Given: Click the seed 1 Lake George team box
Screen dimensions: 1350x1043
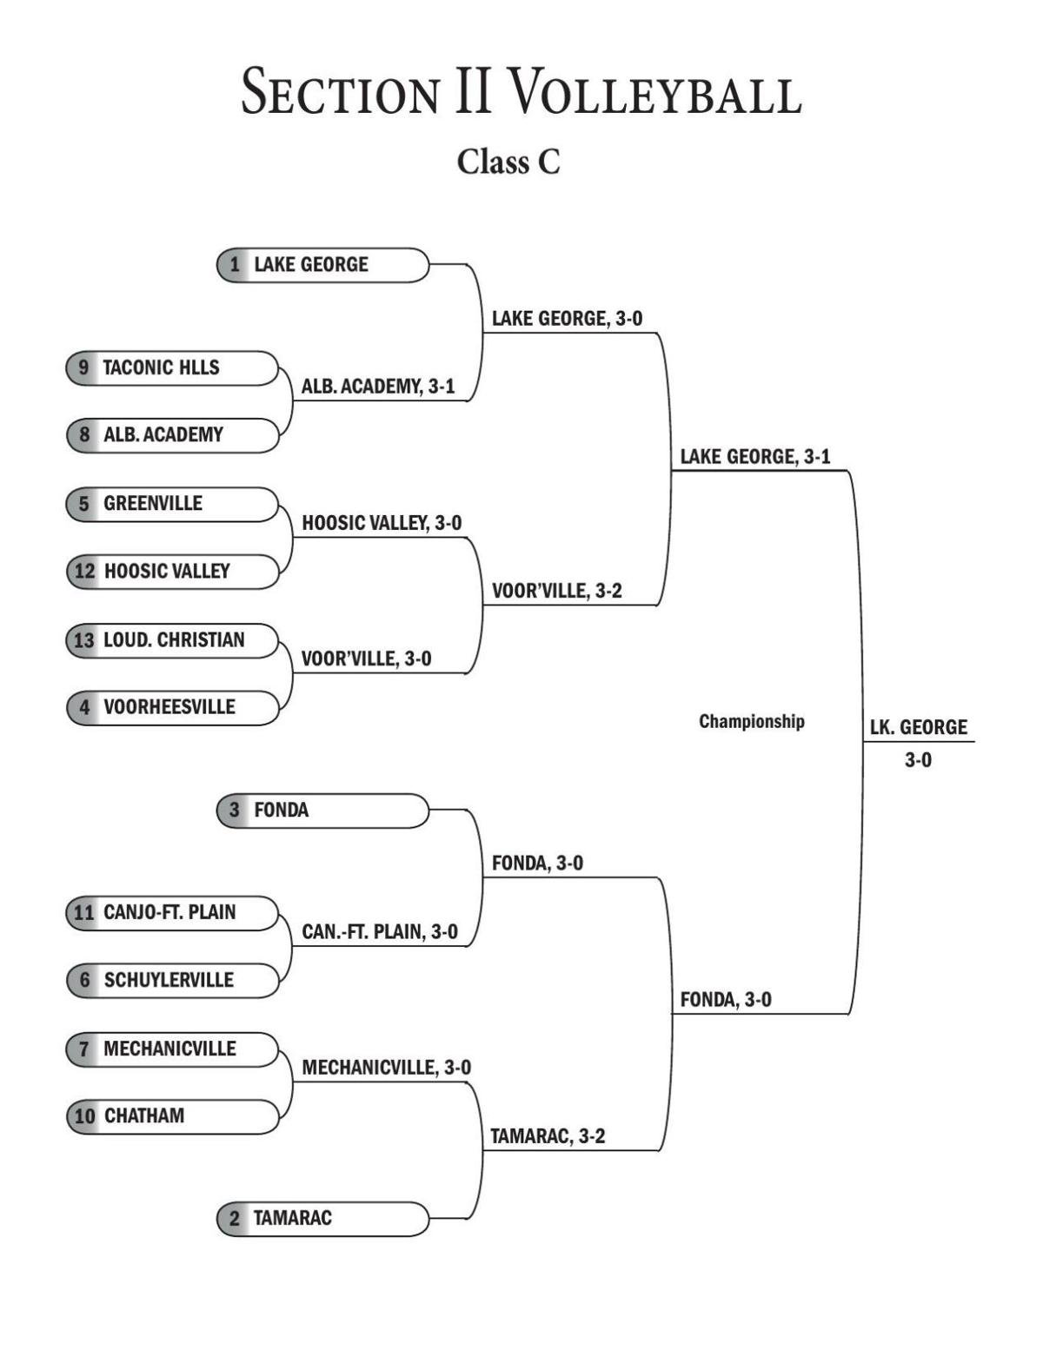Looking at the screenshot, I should coord(322,265).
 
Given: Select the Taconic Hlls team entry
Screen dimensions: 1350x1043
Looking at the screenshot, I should coord(172,367).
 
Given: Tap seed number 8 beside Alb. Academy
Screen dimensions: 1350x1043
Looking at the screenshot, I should coord(84,435).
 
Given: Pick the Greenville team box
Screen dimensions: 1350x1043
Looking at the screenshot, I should coord(172,504).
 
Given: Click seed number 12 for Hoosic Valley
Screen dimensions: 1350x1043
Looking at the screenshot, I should coord(85,572).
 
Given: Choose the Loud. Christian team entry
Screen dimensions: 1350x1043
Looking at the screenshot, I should coord(172,640).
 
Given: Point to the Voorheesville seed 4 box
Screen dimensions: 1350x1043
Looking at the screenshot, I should coord(172,707).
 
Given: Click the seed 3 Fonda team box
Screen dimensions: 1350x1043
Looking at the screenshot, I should coord(322,811).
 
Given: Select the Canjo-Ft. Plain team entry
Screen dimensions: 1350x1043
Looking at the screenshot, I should coord(172,912).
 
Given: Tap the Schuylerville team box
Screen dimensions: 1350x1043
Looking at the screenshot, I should coord(172,980).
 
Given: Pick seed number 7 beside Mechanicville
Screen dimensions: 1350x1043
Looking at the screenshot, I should coord(84,1049).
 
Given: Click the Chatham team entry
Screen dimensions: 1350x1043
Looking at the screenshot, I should coord(172,1116).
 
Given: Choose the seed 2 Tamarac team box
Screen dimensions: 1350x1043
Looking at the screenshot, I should coord(322,1218).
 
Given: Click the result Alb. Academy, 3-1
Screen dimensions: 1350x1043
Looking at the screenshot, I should coord(378,387).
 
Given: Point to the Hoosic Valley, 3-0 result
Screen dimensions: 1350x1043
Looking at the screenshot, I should coord(382,523).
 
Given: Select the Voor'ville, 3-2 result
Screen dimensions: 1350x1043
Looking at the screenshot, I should coord(556,592).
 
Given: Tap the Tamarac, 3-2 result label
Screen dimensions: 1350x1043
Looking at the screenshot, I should coord(548,1136).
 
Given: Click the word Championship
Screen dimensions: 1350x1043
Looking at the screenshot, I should coord(752,721).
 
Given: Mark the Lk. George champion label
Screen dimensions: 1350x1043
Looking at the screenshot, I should coord(919,728).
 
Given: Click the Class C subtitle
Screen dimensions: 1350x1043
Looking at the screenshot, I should coord(509,162).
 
